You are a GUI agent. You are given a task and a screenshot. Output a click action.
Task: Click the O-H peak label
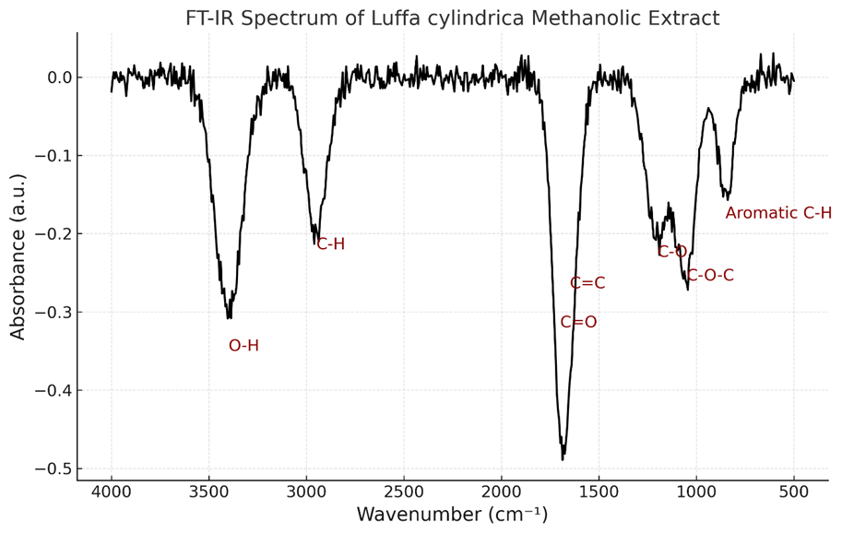tap(243, 346)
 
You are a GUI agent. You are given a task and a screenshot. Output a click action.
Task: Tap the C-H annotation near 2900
tap(330, 244)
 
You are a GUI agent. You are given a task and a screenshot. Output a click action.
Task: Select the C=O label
tap(578, 323)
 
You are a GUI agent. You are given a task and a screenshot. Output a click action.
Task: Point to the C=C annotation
tap(587, 283)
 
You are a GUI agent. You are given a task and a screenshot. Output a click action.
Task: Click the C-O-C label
tap(710, 276)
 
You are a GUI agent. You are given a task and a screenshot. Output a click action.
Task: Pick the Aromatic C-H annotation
tap(778, 213)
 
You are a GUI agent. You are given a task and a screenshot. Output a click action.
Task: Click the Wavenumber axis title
tap(452, 515)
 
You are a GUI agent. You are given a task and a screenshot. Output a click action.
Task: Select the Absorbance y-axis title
tap(18, 255)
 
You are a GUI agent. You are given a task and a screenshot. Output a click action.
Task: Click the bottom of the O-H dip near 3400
tap(229, 318)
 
